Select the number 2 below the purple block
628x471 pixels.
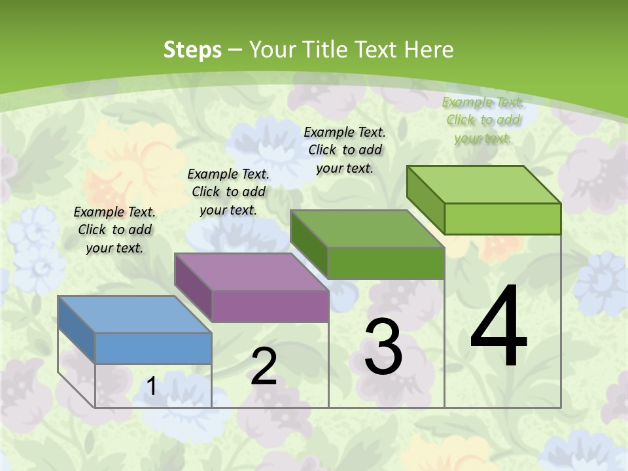point(264,366)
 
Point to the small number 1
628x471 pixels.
point(151,387)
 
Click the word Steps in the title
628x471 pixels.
point(192,50)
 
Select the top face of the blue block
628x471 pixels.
point(134,315)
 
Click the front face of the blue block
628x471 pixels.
point(153,348)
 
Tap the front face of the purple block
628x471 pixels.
point(270,306)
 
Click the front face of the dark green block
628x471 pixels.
point(386,263)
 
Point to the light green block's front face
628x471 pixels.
point(502,218)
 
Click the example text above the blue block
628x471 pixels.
point(114,230)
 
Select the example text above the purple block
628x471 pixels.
point(228,192)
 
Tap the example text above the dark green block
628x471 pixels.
point(345,150)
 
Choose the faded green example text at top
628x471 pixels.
point(483,120)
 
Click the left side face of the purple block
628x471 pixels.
point(194,288)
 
